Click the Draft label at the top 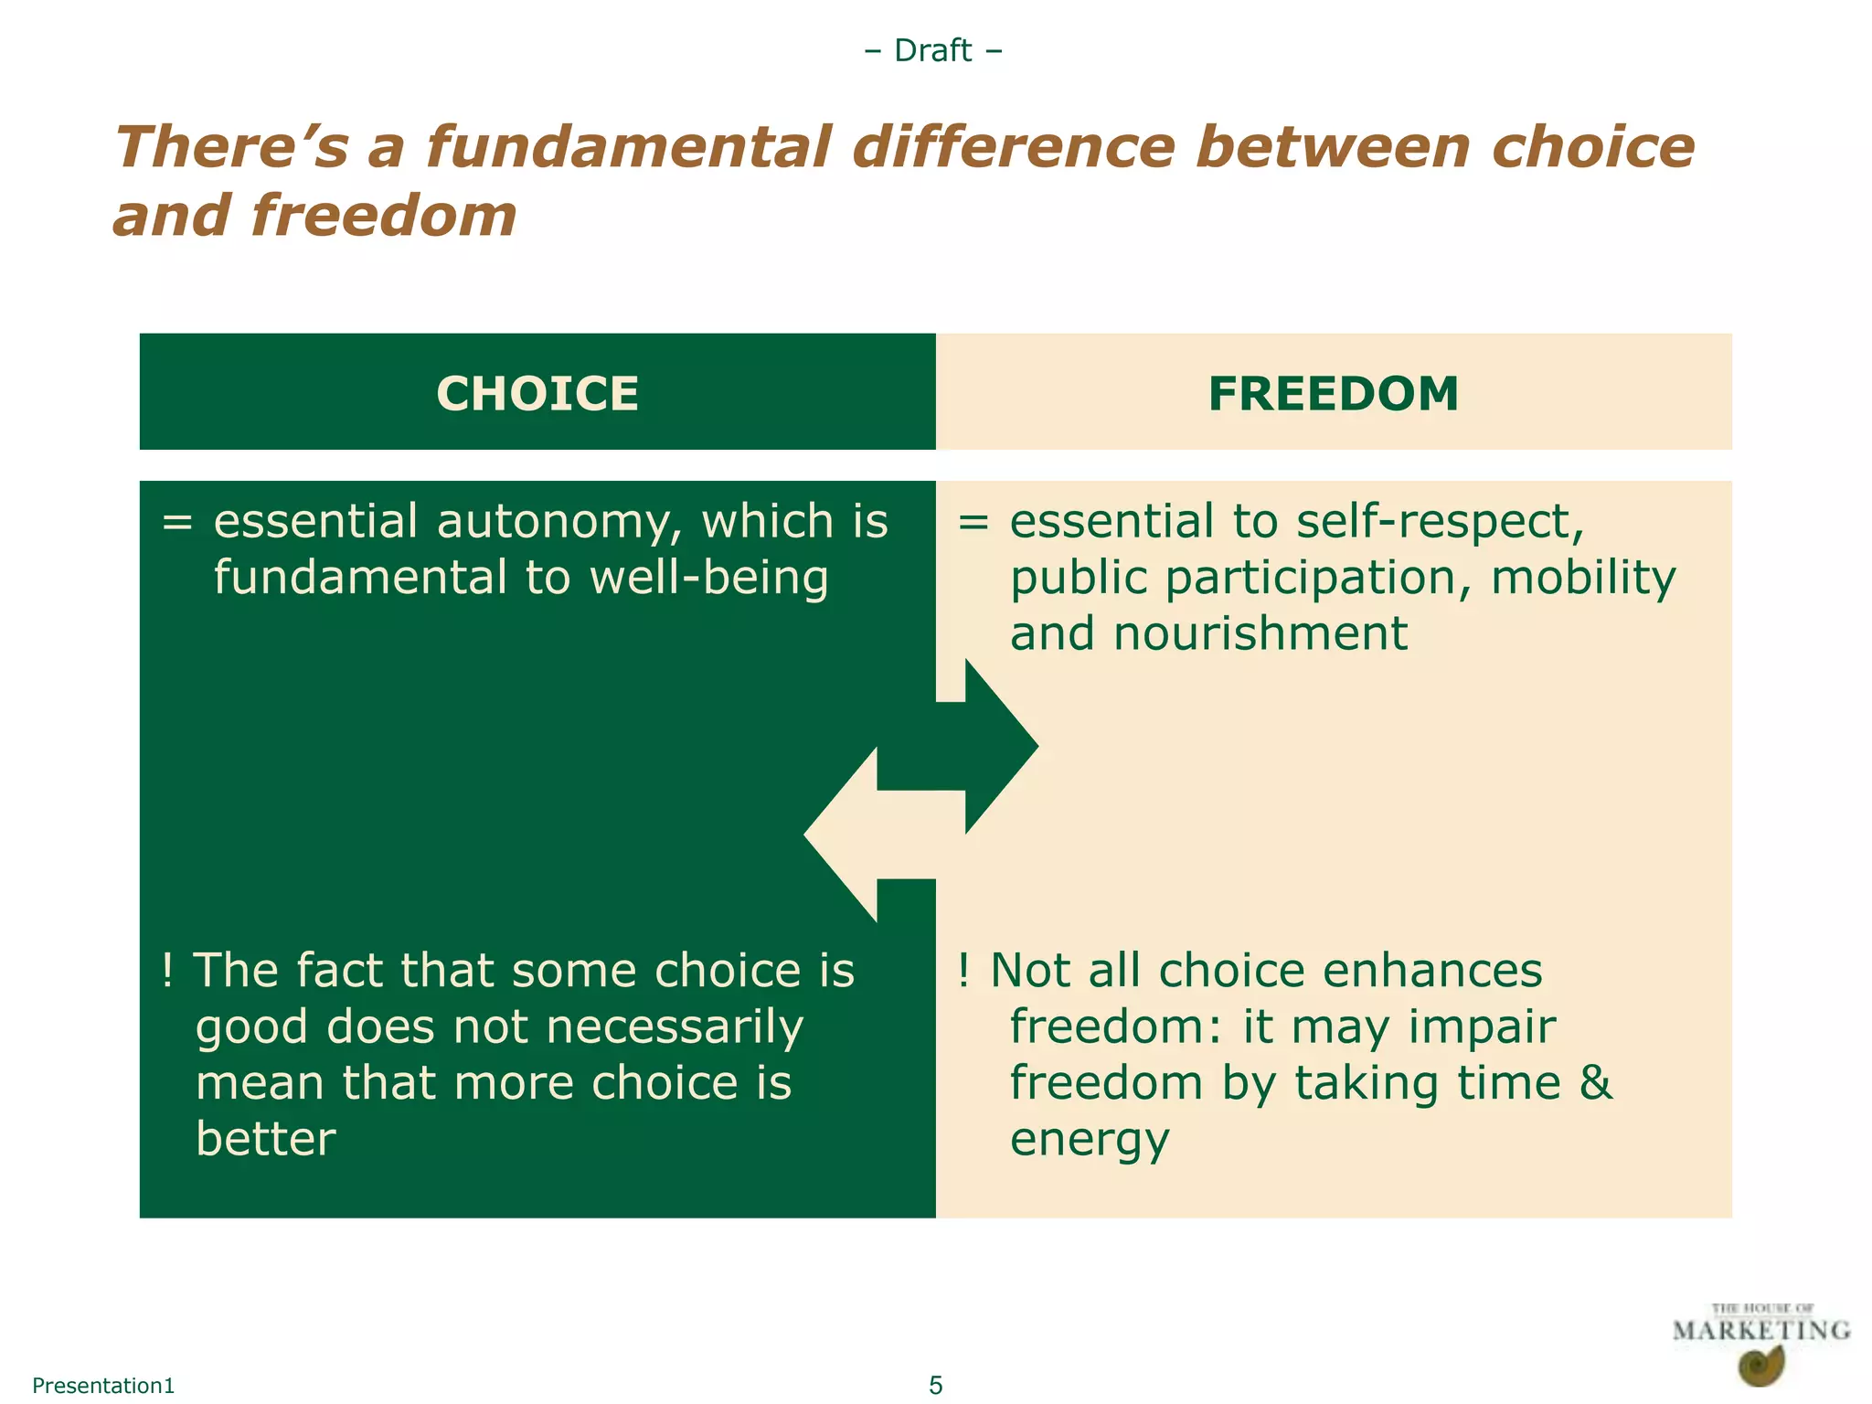click(932, 50)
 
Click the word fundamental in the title click(629, 147)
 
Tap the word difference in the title click(1013, 147)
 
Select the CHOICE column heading click(537, 394)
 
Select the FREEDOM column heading click(1334, 394)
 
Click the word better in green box click(266, 1139)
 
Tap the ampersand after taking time click(1595, 1083)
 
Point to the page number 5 click(935, 1386)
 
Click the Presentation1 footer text click(103, 1386)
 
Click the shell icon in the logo click(1760, 1367)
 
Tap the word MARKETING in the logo click(1760, 1330)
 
